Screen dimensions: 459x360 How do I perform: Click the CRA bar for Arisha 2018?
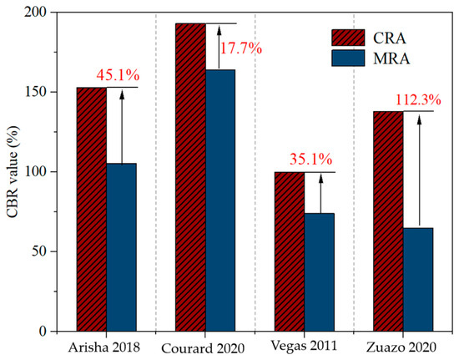coord(92,209)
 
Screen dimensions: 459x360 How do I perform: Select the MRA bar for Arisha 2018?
coord(122,247)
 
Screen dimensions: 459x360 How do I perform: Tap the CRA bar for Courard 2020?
coord(190,177)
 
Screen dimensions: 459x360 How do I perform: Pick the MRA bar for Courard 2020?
coord(220,200)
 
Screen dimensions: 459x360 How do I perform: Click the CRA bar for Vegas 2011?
coord(290,251)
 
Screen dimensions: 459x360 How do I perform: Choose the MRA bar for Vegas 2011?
coord(320,272)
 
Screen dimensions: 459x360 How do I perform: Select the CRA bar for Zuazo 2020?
coord(388,221)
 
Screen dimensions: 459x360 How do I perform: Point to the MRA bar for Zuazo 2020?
coord(418,280)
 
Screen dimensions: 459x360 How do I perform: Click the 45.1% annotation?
coord(118,75)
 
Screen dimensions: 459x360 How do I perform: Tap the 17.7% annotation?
coord(240,48)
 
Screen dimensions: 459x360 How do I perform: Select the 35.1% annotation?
coord(311,160)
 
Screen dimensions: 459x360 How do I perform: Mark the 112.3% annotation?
coord(418,100)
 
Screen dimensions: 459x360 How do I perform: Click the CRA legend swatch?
coord(348,38)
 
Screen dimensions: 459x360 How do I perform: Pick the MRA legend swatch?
coord(348,58)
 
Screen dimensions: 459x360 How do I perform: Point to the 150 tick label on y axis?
coord(38,92)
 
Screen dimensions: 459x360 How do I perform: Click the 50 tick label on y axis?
coord(41,251)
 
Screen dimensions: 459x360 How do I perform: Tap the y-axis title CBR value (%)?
coord(13,172)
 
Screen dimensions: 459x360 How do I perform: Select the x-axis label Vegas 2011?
coord(304,346)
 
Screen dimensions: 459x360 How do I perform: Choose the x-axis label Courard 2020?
coord(203,348)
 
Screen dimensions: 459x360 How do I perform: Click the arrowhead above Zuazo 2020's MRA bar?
coord(419,119)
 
